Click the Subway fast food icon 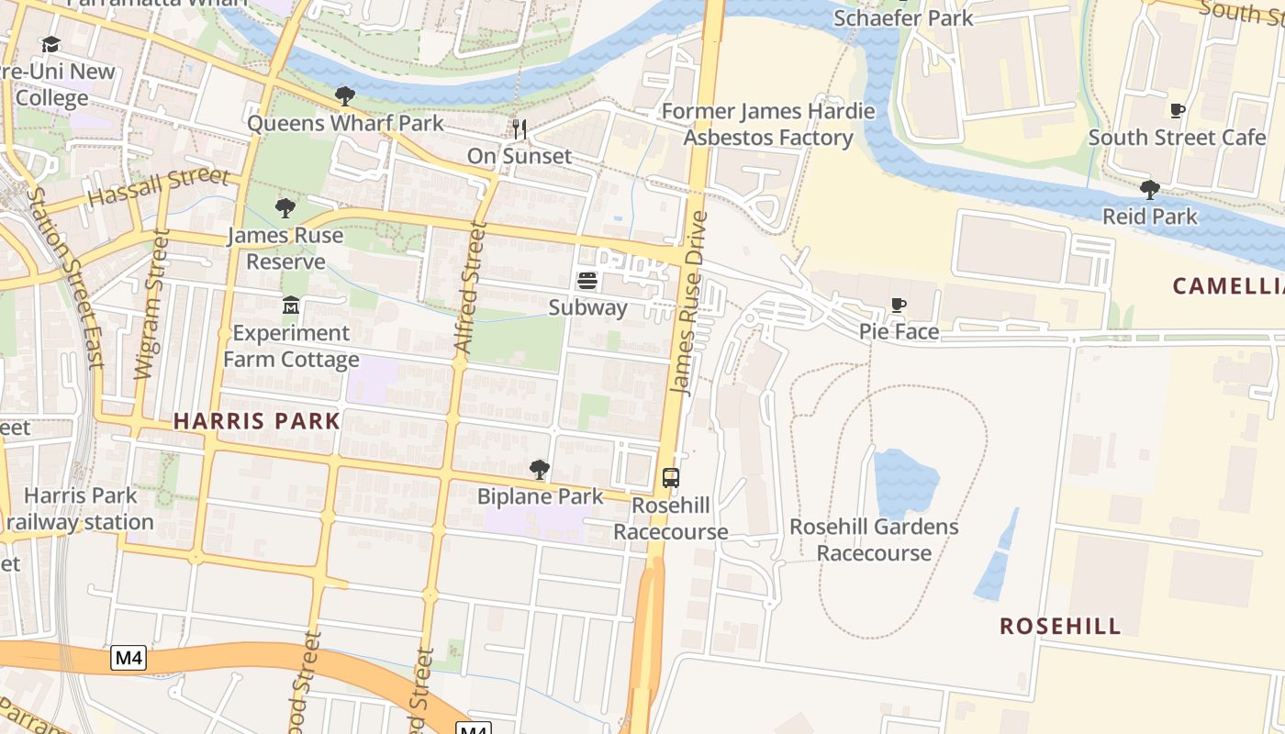click(x=587, y=281)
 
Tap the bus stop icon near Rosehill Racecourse click(x=671, y=477)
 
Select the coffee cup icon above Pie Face click(x=899, y=306)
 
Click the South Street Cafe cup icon click(x=1177, y=111)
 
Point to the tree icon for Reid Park click(x=1149, y=190)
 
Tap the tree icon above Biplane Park click(x=540, y=470)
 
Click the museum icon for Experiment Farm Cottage click(x=291, y=306)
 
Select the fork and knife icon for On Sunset click(x=520, y=129)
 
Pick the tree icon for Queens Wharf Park click(x=344, y=96)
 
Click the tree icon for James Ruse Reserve click(x=285, y=208)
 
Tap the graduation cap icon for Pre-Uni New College click(x=50, y=45)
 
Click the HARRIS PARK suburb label click(x=257, y=421)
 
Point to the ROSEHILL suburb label click(x=1060, y=627)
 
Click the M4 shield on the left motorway click(x=129, y=658)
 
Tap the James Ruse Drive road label click(x=689, y=303)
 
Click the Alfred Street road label click(x=468, y=289)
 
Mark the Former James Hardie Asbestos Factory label click(x=768, y=125)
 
